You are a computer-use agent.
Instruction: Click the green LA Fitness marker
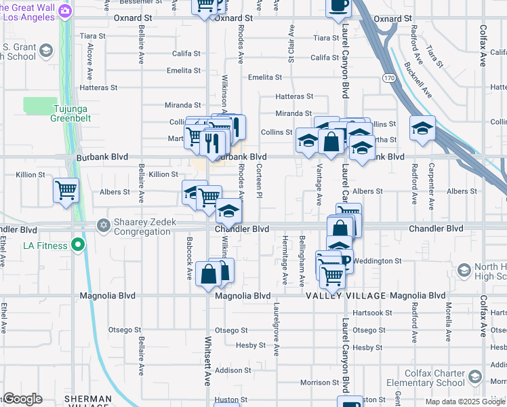[79, 245]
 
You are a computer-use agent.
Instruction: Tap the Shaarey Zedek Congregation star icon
[102, 224]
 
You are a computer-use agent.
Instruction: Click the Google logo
[22, 399]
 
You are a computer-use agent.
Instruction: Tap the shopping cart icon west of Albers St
[66, 191]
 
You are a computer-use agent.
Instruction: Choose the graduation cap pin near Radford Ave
[422, 128]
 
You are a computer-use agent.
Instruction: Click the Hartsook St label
[369, 312]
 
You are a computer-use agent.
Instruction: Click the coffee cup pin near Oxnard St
[338, 6]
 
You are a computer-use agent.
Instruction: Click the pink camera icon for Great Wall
[65, 10]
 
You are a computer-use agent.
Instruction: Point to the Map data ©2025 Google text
[465, 402]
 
